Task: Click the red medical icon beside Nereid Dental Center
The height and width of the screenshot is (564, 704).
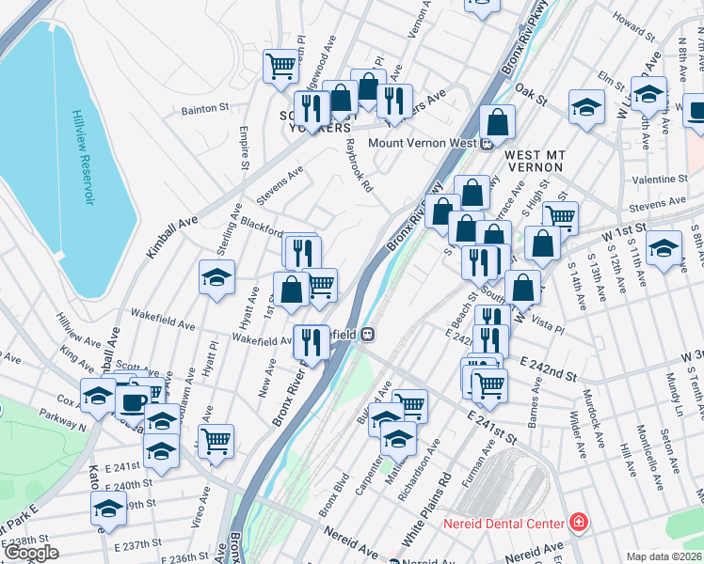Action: tap(579, 523)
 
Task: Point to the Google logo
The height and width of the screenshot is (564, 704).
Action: tap(32, 554)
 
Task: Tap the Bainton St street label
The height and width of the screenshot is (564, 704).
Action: tap(205, 109)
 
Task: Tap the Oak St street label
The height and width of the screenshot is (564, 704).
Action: tap(532, 96)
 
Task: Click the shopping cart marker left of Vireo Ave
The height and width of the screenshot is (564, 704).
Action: tap(216, 438)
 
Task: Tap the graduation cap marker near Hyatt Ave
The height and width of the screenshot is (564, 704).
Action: tap(216, 276)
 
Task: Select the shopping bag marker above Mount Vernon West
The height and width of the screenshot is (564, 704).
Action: tap(497, 120)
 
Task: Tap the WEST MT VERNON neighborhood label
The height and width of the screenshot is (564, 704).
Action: tap(533, 160)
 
